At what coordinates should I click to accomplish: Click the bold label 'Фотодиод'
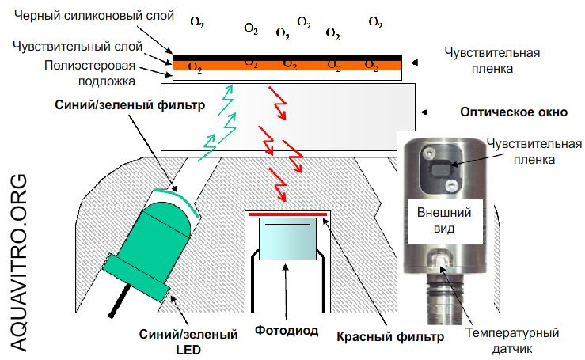pos(287,330)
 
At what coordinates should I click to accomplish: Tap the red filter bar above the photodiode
pos(288,213)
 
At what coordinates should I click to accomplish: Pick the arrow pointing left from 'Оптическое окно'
pos(439,112)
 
